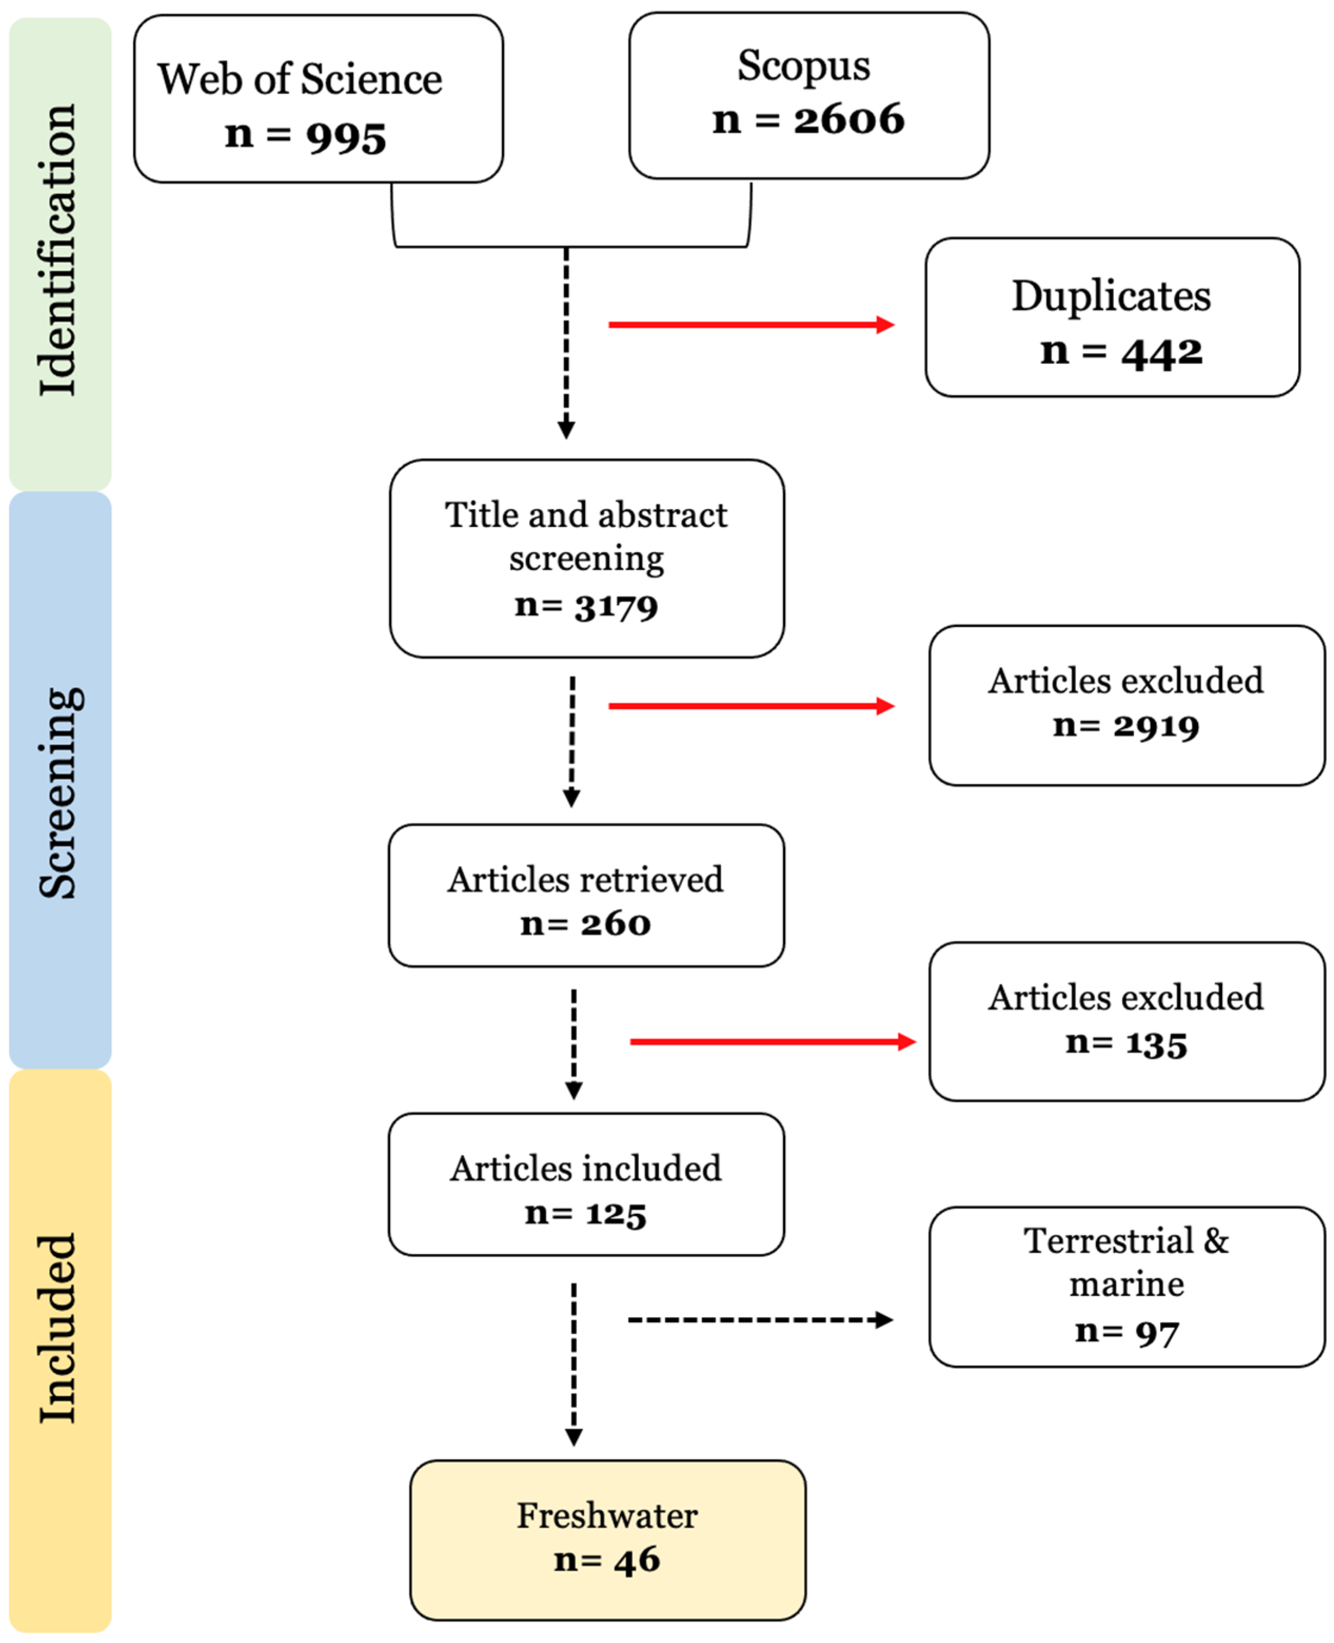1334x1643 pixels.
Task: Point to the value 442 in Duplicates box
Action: coord(1161,353)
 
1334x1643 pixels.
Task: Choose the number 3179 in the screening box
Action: coord(616,607)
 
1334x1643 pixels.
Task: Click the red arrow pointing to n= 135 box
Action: coord(772,1041)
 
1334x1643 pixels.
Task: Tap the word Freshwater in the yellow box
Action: coord(607,1516)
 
